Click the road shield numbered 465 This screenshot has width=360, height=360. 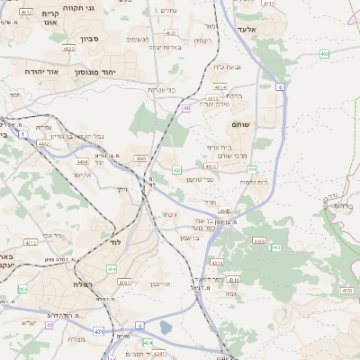324,55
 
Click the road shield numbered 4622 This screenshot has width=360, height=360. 69,49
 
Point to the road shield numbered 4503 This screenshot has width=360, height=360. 141,158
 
